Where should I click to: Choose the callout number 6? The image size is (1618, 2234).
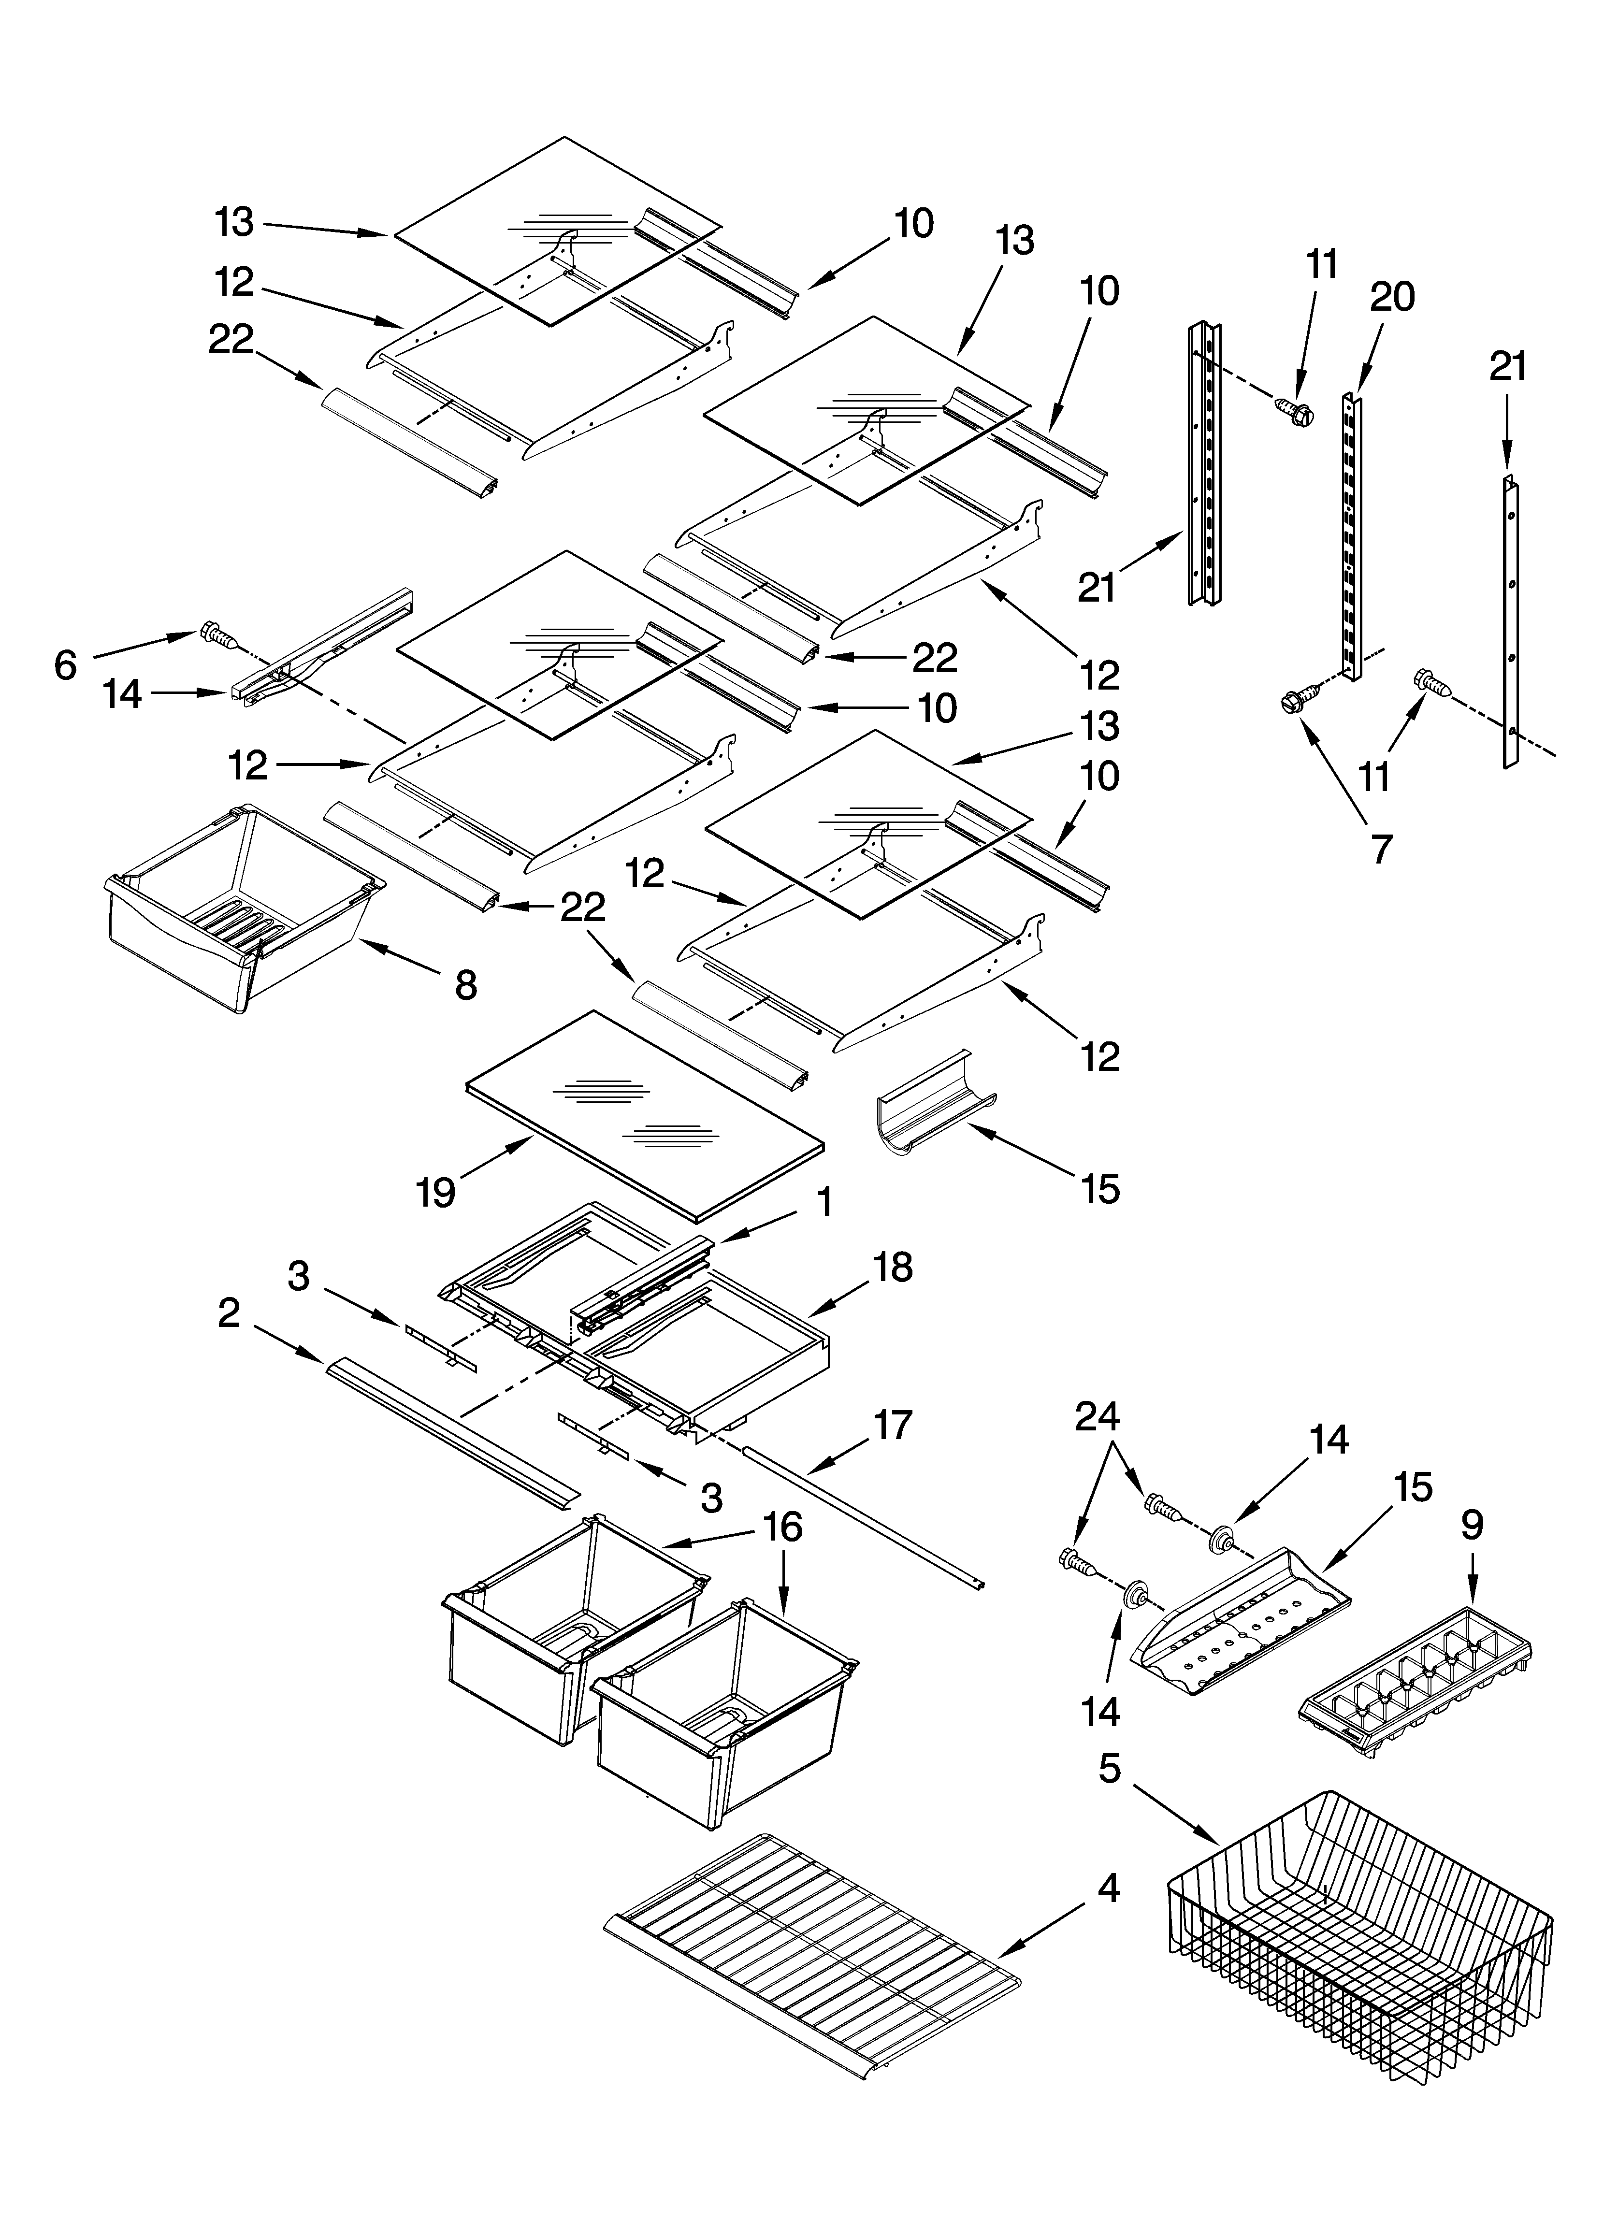point(65,666)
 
